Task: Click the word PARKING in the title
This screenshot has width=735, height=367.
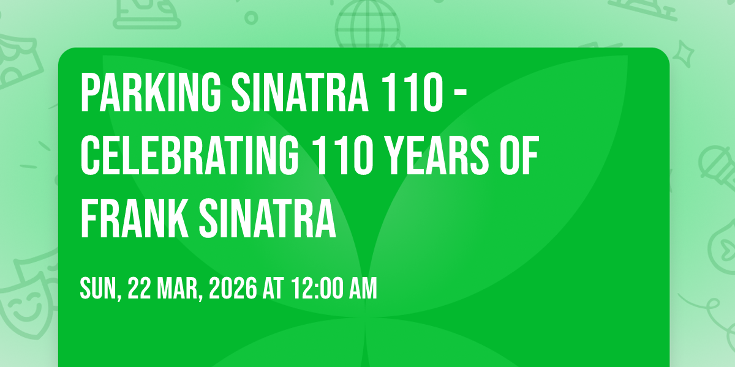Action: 151,92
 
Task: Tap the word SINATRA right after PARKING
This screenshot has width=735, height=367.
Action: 300,92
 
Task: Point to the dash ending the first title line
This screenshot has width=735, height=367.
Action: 461,94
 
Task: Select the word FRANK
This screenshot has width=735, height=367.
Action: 135,218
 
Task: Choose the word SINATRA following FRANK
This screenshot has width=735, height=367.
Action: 268,218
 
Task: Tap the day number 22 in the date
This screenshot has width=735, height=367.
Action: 139,288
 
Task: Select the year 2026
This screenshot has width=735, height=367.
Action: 233,288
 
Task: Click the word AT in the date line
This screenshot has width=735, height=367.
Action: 273,288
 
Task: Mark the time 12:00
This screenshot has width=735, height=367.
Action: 317,288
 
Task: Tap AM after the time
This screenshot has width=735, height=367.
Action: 363,288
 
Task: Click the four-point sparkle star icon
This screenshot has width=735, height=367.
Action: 684,54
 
